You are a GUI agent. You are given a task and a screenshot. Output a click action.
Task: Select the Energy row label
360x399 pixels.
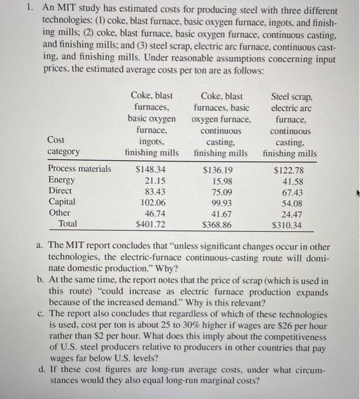click(61, 180)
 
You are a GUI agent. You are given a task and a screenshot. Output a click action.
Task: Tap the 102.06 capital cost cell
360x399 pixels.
click(153, 202)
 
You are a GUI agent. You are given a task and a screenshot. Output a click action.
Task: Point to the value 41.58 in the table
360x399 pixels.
click(292, 180)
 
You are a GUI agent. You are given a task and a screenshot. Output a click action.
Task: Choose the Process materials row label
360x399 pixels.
click(80, 169)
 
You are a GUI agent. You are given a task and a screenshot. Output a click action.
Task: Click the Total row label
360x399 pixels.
click(71, 224)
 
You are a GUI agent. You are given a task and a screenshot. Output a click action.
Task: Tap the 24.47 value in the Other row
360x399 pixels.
click(292, 213)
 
